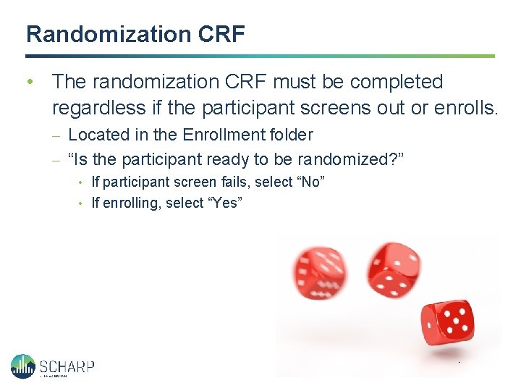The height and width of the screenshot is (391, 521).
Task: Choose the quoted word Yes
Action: click(225, 203)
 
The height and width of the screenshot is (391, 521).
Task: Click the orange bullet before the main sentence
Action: click(30, 82)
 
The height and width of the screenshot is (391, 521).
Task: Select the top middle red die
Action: click(389, 269)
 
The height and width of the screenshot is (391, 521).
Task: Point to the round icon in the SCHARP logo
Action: click(23, 366)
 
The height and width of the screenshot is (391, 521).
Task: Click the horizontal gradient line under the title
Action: click(260, 56)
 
